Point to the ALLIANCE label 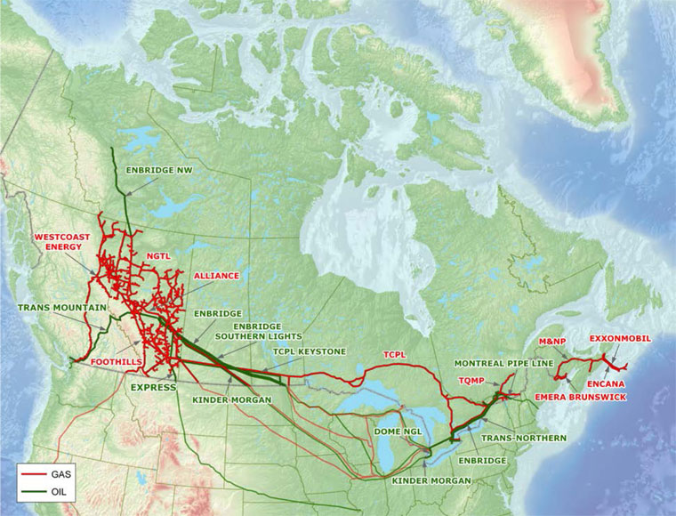[x=216, y=276]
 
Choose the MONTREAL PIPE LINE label [x=503, y=364]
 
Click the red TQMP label [x=471, y=380]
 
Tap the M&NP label [x=553, y=342]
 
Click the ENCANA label [x=606, y=384]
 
